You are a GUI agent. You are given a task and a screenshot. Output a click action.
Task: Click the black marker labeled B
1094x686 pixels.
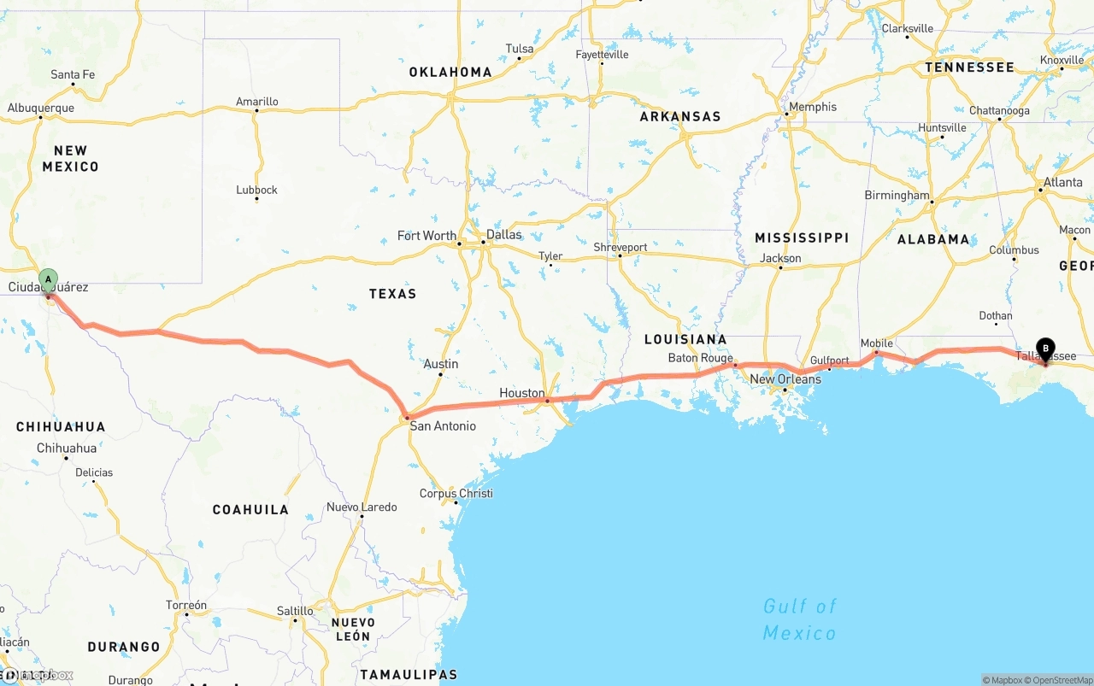pyautogui.click(x=1045, y=349)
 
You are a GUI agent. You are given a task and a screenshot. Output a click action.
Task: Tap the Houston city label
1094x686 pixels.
pyautogui.click(x=521, y=393)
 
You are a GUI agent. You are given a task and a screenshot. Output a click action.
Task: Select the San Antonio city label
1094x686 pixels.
pyautogui.click(x=443, y=425)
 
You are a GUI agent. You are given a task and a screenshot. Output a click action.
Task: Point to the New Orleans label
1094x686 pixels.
pyautogui.click(x=785, y=379)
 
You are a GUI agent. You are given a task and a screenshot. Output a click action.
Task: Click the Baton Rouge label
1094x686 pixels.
pyautogui.click(x=701, y=358)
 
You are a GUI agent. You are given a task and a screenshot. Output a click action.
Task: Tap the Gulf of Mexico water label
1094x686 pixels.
pyautogui.click(x=799, y=619)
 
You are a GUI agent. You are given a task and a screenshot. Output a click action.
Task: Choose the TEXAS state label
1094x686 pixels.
pyautogui.click(x=392, y=294)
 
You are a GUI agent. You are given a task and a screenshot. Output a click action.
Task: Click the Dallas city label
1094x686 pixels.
pyautogui.click(x=503, y=234)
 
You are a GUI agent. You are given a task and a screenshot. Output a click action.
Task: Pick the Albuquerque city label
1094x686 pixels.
pyautogui.click(x=41, y=108)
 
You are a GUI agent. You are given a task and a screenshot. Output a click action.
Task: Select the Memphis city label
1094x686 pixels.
pyautogui.click(x=813, y=107)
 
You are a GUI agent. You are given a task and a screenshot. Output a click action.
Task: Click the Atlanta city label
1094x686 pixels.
pyautogui.click(x=1062, y=182)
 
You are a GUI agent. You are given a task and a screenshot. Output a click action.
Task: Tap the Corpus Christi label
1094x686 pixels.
pyautogui.click(x=456, y=493)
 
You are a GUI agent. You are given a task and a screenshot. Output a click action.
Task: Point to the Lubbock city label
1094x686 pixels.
pyautogui.click(x=256, y=190)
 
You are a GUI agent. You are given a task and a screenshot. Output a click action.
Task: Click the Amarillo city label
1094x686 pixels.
pyautogui.click(x=256, y=102)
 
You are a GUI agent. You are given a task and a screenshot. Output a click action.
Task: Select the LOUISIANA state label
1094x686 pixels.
pyautogui.click(x=685, y=339)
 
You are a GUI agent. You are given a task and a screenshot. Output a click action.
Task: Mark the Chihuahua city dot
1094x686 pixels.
pyautogui.click(x=66, y=458)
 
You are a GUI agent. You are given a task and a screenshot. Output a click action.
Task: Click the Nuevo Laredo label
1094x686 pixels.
pyautogui.click(x=362, y=507)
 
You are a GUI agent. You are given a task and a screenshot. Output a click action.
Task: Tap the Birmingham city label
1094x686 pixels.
pyautogui.click(x=896, y=195)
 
